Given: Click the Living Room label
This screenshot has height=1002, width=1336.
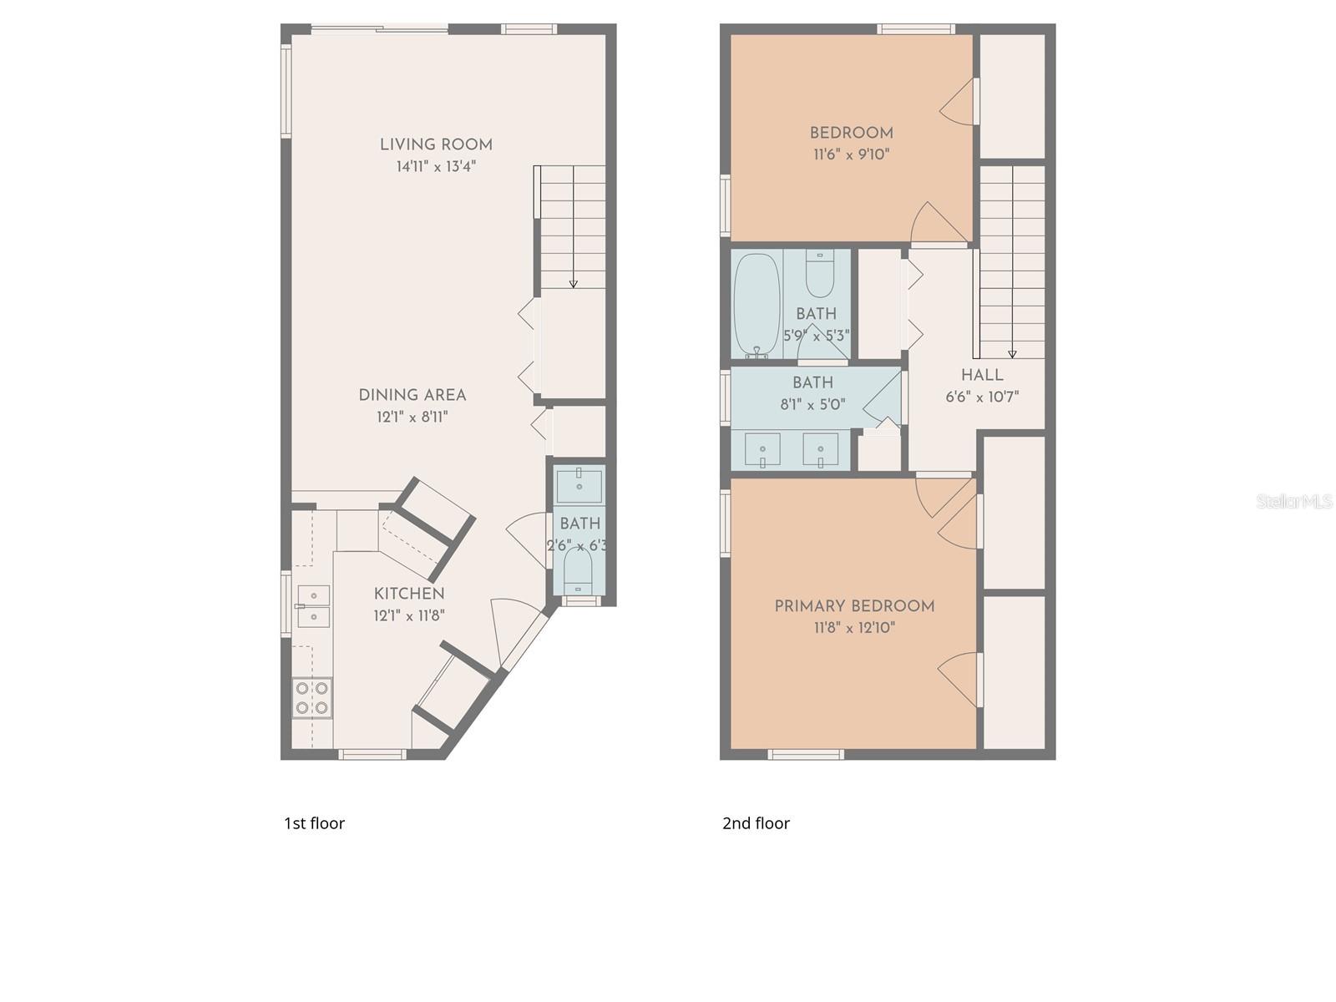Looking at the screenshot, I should point(436,144).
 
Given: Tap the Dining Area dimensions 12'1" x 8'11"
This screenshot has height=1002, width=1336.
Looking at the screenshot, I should point(412,417).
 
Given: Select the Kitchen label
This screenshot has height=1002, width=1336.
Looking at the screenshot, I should point(408,594).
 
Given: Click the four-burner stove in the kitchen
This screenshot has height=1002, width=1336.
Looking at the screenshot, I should point(312,698).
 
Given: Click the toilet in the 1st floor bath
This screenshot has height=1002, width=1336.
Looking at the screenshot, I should point(578,569).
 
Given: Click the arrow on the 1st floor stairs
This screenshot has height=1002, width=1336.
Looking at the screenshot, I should point(573,284).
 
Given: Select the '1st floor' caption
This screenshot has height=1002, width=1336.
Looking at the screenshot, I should point(314,823).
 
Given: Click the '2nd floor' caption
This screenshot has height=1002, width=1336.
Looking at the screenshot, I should point(756,823).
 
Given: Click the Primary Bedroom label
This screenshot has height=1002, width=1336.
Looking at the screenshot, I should point(853,606).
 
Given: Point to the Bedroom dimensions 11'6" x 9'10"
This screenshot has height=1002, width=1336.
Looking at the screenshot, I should point(851,154).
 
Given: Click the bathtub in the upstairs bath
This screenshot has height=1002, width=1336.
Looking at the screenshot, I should point(757,305).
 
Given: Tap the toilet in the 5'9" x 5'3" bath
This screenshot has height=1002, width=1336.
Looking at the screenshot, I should point(820,275).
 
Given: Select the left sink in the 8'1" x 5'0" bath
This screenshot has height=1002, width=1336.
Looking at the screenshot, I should point(762,449).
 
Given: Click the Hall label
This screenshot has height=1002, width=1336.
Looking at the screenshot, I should point(982,375).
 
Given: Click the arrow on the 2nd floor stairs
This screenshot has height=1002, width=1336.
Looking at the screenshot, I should point(1012,353).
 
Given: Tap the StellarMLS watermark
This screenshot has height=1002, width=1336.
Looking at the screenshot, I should point(1293,501).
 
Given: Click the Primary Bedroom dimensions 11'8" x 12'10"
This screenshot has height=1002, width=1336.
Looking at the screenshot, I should point(853,628).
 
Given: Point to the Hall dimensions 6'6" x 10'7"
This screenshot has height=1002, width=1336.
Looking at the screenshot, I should point(982,397).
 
